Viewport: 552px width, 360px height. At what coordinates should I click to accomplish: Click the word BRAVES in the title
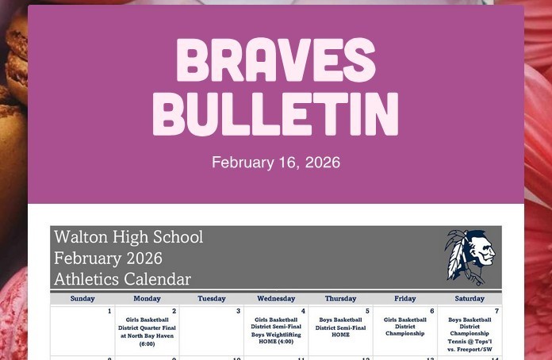(x=275, y=60)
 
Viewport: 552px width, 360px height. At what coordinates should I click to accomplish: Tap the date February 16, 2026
(x=275, y=163)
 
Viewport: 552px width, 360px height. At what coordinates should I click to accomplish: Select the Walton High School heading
(x=128, y=237)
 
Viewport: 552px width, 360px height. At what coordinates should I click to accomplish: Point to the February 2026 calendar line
(x=108, y=259)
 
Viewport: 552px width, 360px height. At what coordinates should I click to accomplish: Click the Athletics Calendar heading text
(x=122, y=279)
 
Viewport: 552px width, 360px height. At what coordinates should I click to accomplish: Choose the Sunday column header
(x=82, y=299)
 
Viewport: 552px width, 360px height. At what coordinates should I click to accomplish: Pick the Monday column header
(x=147, y=299)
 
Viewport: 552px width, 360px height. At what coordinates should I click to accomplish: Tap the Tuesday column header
(x=211, y=299)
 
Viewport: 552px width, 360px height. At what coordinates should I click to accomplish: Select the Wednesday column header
(x=276, y=299)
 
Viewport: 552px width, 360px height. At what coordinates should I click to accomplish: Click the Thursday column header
(x=340, y=299)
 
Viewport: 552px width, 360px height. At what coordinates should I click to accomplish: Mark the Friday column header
(x=404, y=299)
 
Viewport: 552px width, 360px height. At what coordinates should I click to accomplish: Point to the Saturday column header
(x=470, y=299)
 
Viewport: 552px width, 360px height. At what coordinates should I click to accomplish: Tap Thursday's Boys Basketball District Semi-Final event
(x=340, y=327)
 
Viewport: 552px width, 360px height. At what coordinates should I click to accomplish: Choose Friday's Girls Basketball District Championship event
(x=405, y=327)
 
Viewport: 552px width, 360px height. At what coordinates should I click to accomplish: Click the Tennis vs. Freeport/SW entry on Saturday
(x=470, y=345)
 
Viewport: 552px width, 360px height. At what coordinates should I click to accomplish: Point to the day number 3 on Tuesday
(x=238, y=312)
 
